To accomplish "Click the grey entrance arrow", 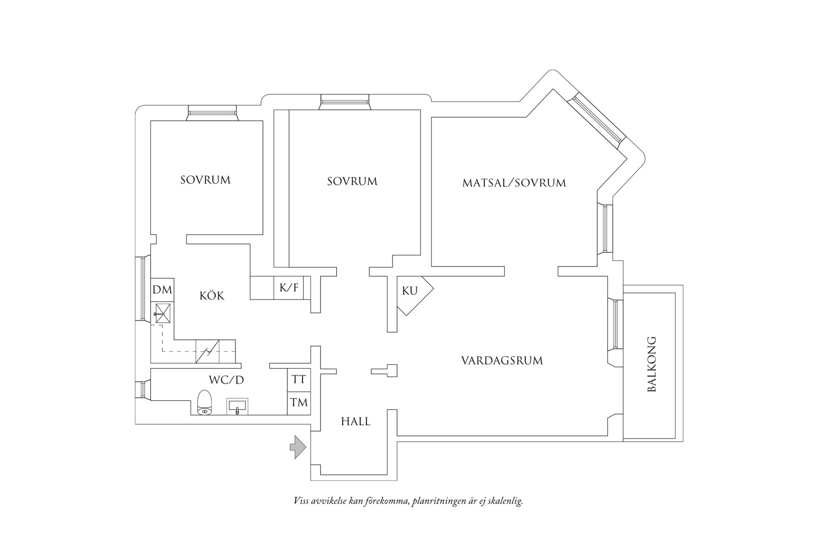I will tap(298, 447).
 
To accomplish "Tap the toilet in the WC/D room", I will tap(204, 403).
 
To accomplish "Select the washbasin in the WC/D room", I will tap(237, 406).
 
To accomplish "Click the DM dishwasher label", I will tap(162, 290).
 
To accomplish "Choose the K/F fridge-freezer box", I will tap(289, 288).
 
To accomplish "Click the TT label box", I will tap(299, 380).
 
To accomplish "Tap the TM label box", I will tap(299, 403).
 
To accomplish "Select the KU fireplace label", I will tap(410, 291).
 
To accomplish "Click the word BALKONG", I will tap(651, 364).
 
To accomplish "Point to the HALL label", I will tap(355, 421).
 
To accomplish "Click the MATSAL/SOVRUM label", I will tap(514, 183).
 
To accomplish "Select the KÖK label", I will tap(212, 296).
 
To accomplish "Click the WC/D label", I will tap(226, 380).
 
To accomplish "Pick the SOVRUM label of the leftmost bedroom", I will tap(205, 180).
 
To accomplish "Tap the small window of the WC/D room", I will tap(142, 389).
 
